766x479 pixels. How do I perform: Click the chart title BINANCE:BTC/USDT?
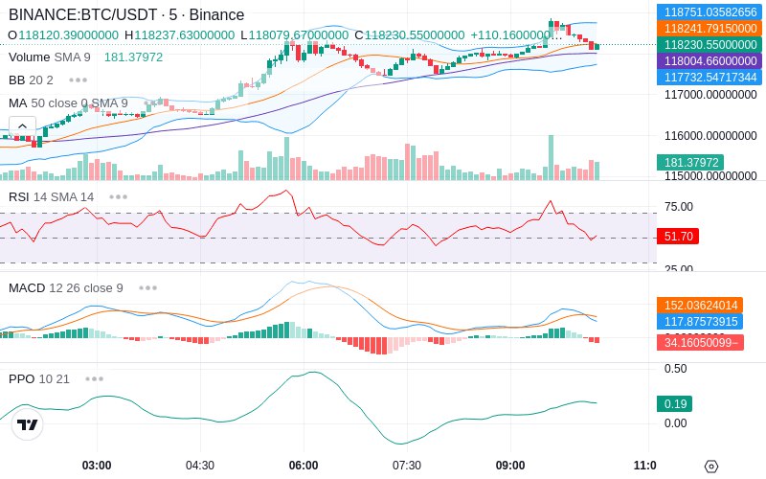(x=83, y=14)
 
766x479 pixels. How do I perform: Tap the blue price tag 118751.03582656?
(x=710, y=11)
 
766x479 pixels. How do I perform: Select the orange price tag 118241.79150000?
(x=710, y=29)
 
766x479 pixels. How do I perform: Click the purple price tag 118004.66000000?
(x=710, y=61)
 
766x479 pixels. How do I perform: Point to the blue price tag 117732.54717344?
(x=710, y=78)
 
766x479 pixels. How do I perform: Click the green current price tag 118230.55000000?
(x=710, y=44)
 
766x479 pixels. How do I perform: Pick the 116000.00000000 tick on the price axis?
(x=710, y=136)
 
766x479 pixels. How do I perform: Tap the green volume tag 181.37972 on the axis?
(x=690, y=162)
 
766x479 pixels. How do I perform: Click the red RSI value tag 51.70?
(x=678, y=237)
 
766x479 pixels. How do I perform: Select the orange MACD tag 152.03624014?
(x=700, y=306)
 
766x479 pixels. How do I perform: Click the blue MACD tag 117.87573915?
(x=700, y=322)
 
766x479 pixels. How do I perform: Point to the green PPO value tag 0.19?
(x=675, y=403)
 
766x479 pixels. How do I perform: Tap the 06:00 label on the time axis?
(x=304, y=466)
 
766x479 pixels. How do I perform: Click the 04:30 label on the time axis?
(x=200, y=466)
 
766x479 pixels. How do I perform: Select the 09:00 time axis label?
(x=510, y=466)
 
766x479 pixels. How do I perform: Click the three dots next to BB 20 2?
(x=79, y=80)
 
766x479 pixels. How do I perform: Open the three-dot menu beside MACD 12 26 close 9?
(x=147, y=288)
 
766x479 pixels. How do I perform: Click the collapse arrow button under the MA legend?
(x=22, y=126)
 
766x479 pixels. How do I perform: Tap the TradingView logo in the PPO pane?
(x=28, y=424)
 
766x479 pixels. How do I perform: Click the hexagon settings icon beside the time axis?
(x=711, y=466)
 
